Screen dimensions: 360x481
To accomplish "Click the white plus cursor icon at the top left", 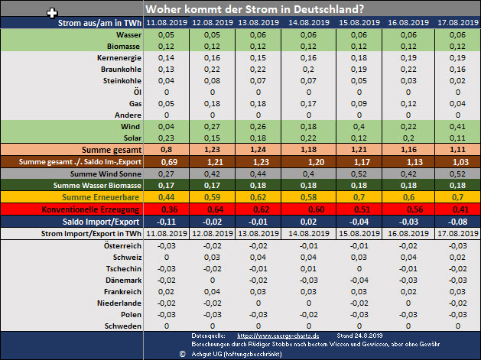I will click(x=51, y=13).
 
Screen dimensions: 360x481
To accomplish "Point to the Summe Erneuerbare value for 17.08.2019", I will click(x=457, y=196).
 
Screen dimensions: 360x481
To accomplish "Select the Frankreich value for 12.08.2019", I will click(x=203, y=291).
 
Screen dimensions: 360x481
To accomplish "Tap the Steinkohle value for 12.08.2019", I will click(x=203, y=80).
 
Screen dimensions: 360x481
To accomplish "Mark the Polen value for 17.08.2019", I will click(x=457, y=313).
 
